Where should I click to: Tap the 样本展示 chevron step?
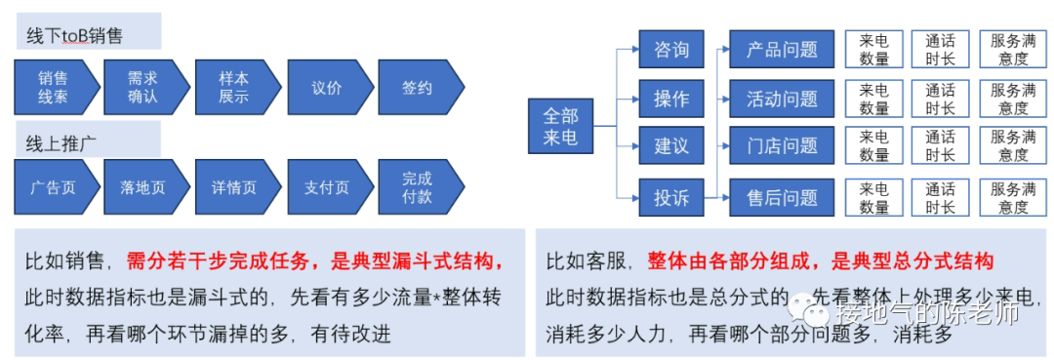[235, 88]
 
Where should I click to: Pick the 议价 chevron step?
[328, 88]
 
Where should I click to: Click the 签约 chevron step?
[419, 88]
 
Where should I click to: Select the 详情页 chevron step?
[235, 187]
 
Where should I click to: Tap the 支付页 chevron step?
[328, 187]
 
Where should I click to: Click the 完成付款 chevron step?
[419, 187]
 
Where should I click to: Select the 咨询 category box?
[671, 49]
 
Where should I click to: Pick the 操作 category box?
[671, 99]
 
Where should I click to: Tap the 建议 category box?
[671, 146]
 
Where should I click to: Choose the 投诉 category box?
[671, 198]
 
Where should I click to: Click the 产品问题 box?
[782, 49]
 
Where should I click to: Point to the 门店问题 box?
[782, 146]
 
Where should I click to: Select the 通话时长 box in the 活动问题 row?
[940, 99]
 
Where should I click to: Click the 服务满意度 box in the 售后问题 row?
[1014, 198]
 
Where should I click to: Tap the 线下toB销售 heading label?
[75, 36]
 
